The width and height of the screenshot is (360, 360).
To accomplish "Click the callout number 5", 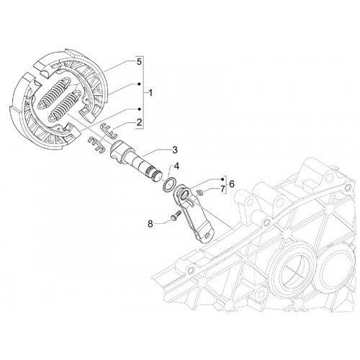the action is coord(139,62).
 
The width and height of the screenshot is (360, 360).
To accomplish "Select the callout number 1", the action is coord(150,93).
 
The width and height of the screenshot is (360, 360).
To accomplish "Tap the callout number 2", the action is coord(139,122).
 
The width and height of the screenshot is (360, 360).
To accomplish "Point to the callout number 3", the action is coord(175,150).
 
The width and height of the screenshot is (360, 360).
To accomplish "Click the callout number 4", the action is coord(176,166).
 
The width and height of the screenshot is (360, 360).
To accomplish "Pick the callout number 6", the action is coord(232,184).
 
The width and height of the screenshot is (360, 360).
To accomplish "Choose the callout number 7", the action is coord(222,189).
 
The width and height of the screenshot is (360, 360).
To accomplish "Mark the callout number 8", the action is coord(150,224).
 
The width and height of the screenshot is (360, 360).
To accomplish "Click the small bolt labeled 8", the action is coord(176,215).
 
